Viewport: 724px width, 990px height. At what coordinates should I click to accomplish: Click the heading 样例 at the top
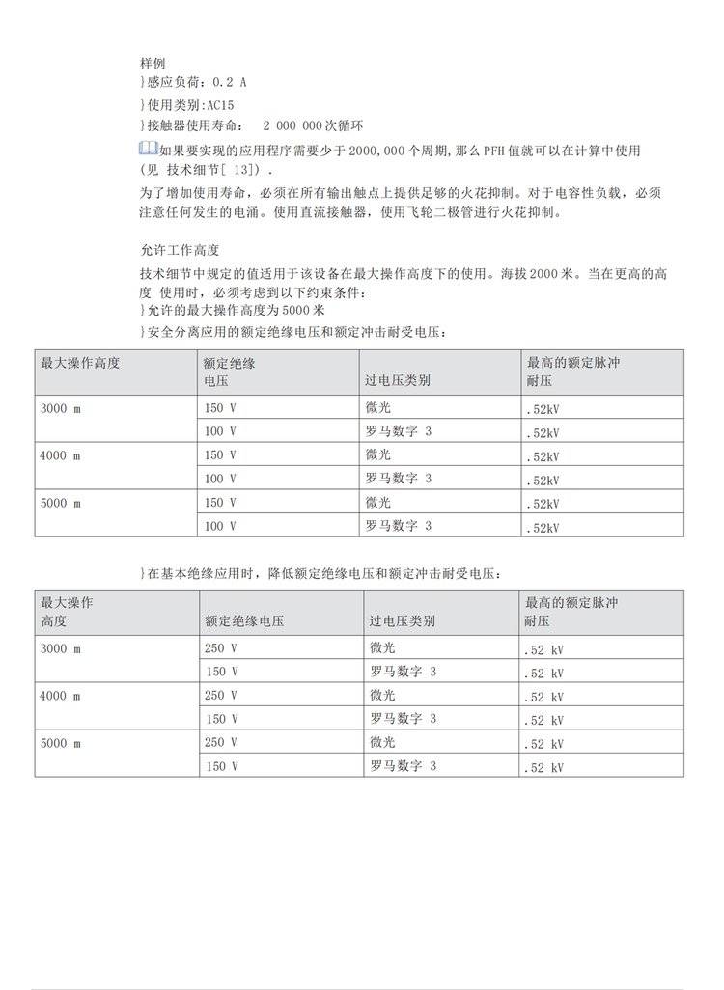click(x=153, y=63)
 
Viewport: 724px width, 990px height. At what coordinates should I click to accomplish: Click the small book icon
click(x=149, y=149)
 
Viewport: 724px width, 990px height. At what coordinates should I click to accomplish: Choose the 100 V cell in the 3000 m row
click(x=220, y=431)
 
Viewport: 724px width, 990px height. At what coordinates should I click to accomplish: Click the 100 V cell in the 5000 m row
click(x=220, y=526)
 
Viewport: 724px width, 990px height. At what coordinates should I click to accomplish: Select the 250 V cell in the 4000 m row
click(x=220, y=695)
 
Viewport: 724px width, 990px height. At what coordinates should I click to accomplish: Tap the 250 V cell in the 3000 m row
click(x=220, y=648)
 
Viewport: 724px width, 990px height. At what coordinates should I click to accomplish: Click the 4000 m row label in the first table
click(x=60, y=455)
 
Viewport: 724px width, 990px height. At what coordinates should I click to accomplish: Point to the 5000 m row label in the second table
click(x=60, y=742)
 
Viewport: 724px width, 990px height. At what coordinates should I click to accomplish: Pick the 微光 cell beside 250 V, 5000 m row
click(x=382, y=742)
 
